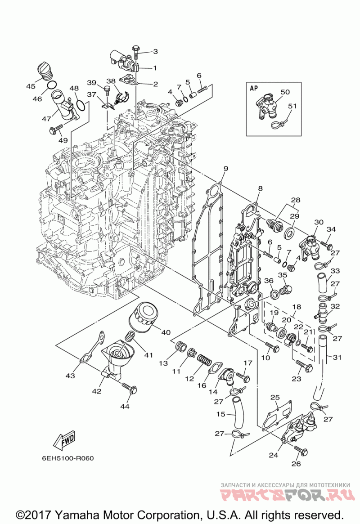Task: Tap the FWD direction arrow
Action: pos(64,440)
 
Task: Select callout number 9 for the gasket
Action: pos(225,168)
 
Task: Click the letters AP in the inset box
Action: pos(254,88)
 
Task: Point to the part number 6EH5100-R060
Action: pos(68,458)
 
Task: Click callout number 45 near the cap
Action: pos(31,86)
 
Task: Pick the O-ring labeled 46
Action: pos(51,85)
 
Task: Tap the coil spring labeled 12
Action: pos(204,361)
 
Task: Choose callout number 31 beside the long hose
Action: pos(337,357)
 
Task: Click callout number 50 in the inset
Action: pos(285,92)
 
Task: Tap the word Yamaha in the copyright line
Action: pos(77,514)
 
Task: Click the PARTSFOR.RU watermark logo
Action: pos(287,495)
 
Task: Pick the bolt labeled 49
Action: pos(56,129)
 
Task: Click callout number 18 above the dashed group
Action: pos(297,307)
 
